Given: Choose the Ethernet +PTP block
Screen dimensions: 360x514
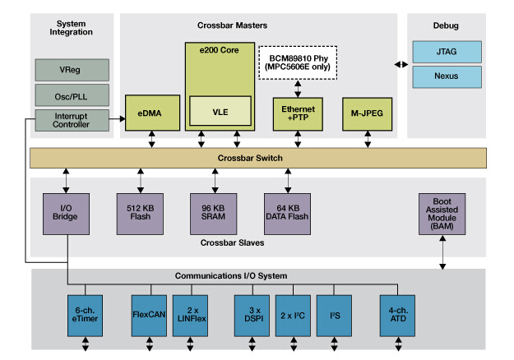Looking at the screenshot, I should coord(299,113).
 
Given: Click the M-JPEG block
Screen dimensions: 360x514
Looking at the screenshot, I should coord(366,112).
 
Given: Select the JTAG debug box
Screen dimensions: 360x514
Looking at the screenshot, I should coord(447,53).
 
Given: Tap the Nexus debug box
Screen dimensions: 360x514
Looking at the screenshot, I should coord(447,78).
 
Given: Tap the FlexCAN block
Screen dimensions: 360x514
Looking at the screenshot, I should coord(150,314).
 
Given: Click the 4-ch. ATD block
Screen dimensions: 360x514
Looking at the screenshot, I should coord(397,314).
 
